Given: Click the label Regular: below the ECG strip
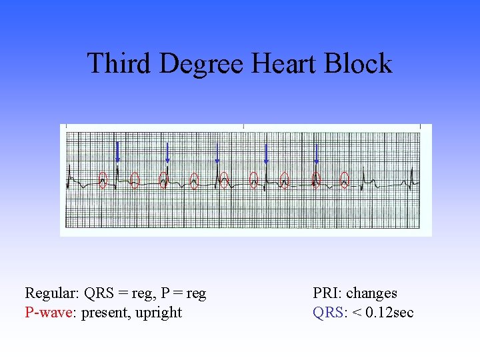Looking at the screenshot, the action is pyautogui.click(x=51, y=293).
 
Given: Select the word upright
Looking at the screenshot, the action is pyautogui.click(x=159, y=312).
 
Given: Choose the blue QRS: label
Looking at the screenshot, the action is pyautogui.click(x=329, y=312).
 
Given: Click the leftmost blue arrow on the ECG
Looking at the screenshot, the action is pyautogui.click(x=117, y=152).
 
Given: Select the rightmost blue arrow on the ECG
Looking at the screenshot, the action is pyautogui.click(x=316, y=152).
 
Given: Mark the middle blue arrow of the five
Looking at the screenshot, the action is pyautogui.click(x=217, y=152).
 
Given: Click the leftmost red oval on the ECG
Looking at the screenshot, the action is pyautogui.click(x=103, y=179).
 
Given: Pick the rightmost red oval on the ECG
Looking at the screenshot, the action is pyautogui.click(x=345, y=179).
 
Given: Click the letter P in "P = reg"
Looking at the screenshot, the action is pyautogui.click(x=162, y=293).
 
